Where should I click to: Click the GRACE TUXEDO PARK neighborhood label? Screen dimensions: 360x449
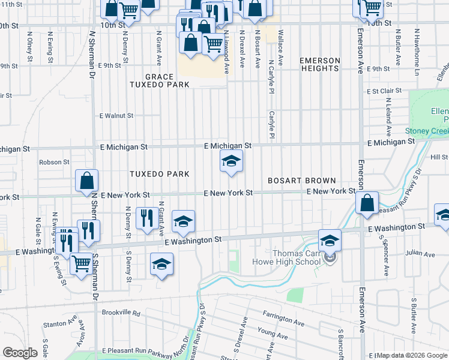point(159,81)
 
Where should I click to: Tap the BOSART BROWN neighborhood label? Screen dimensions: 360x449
point(301,181)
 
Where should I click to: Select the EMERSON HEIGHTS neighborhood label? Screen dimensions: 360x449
point(320,65)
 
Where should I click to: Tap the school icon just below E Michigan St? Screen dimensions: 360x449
point(231,161)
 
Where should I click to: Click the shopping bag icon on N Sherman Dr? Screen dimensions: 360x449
point(87,181)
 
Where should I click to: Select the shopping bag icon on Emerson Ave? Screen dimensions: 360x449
point(367,203)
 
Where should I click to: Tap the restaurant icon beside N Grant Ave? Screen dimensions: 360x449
point(147,217)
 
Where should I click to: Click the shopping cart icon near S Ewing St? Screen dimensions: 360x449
point(82,262)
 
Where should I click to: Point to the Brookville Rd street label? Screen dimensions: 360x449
point(121,313)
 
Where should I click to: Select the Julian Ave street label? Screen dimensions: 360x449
point(420,254)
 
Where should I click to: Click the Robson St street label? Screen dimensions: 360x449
point(54,162)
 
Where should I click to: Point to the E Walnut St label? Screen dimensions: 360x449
point(116,115)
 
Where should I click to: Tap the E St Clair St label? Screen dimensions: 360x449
point(384,91)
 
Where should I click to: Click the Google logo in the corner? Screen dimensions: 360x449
point(20,353)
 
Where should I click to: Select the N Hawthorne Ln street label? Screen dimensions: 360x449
point(416,46)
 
